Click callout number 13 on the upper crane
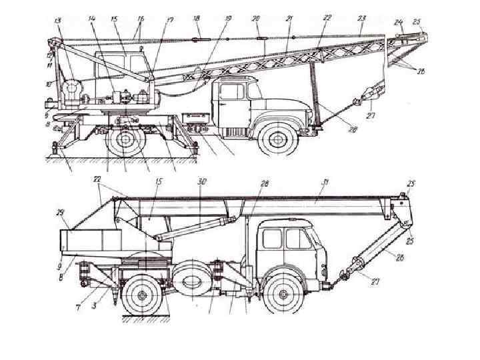click(59, 21)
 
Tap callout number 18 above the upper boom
click(197, 19)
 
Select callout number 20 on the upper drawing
click(257, 19)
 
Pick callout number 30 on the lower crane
click(202, 181)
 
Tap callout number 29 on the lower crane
click(62, 213)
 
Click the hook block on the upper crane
click(366, 99)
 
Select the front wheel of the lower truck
click(283, 293)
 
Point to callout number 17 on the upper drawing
click(170, 20)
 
